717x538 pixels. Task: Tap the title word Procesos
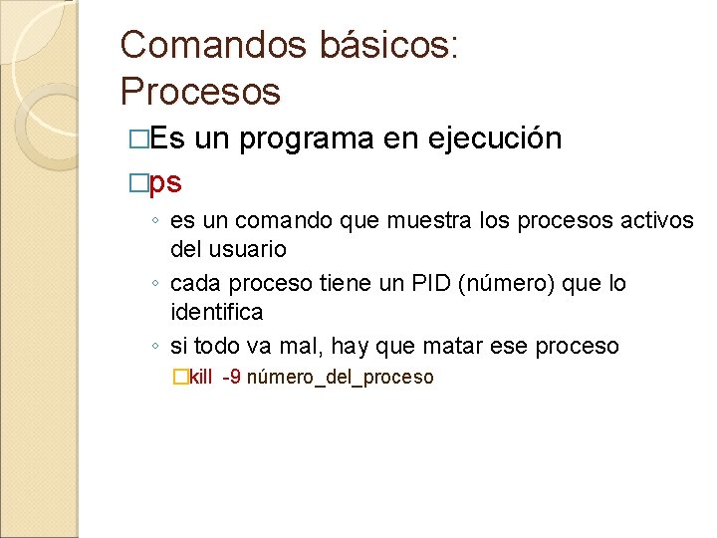click(200, 92)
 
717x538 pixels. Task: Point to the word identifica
click(217, 312)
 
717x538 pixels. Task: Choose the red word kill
click(200, 378)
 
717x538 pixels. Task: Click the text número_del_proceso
click(340, 378)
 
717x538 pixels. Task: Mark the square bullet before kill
click(179, 378)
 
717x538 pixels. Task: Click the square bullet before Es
click(137, 138)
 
